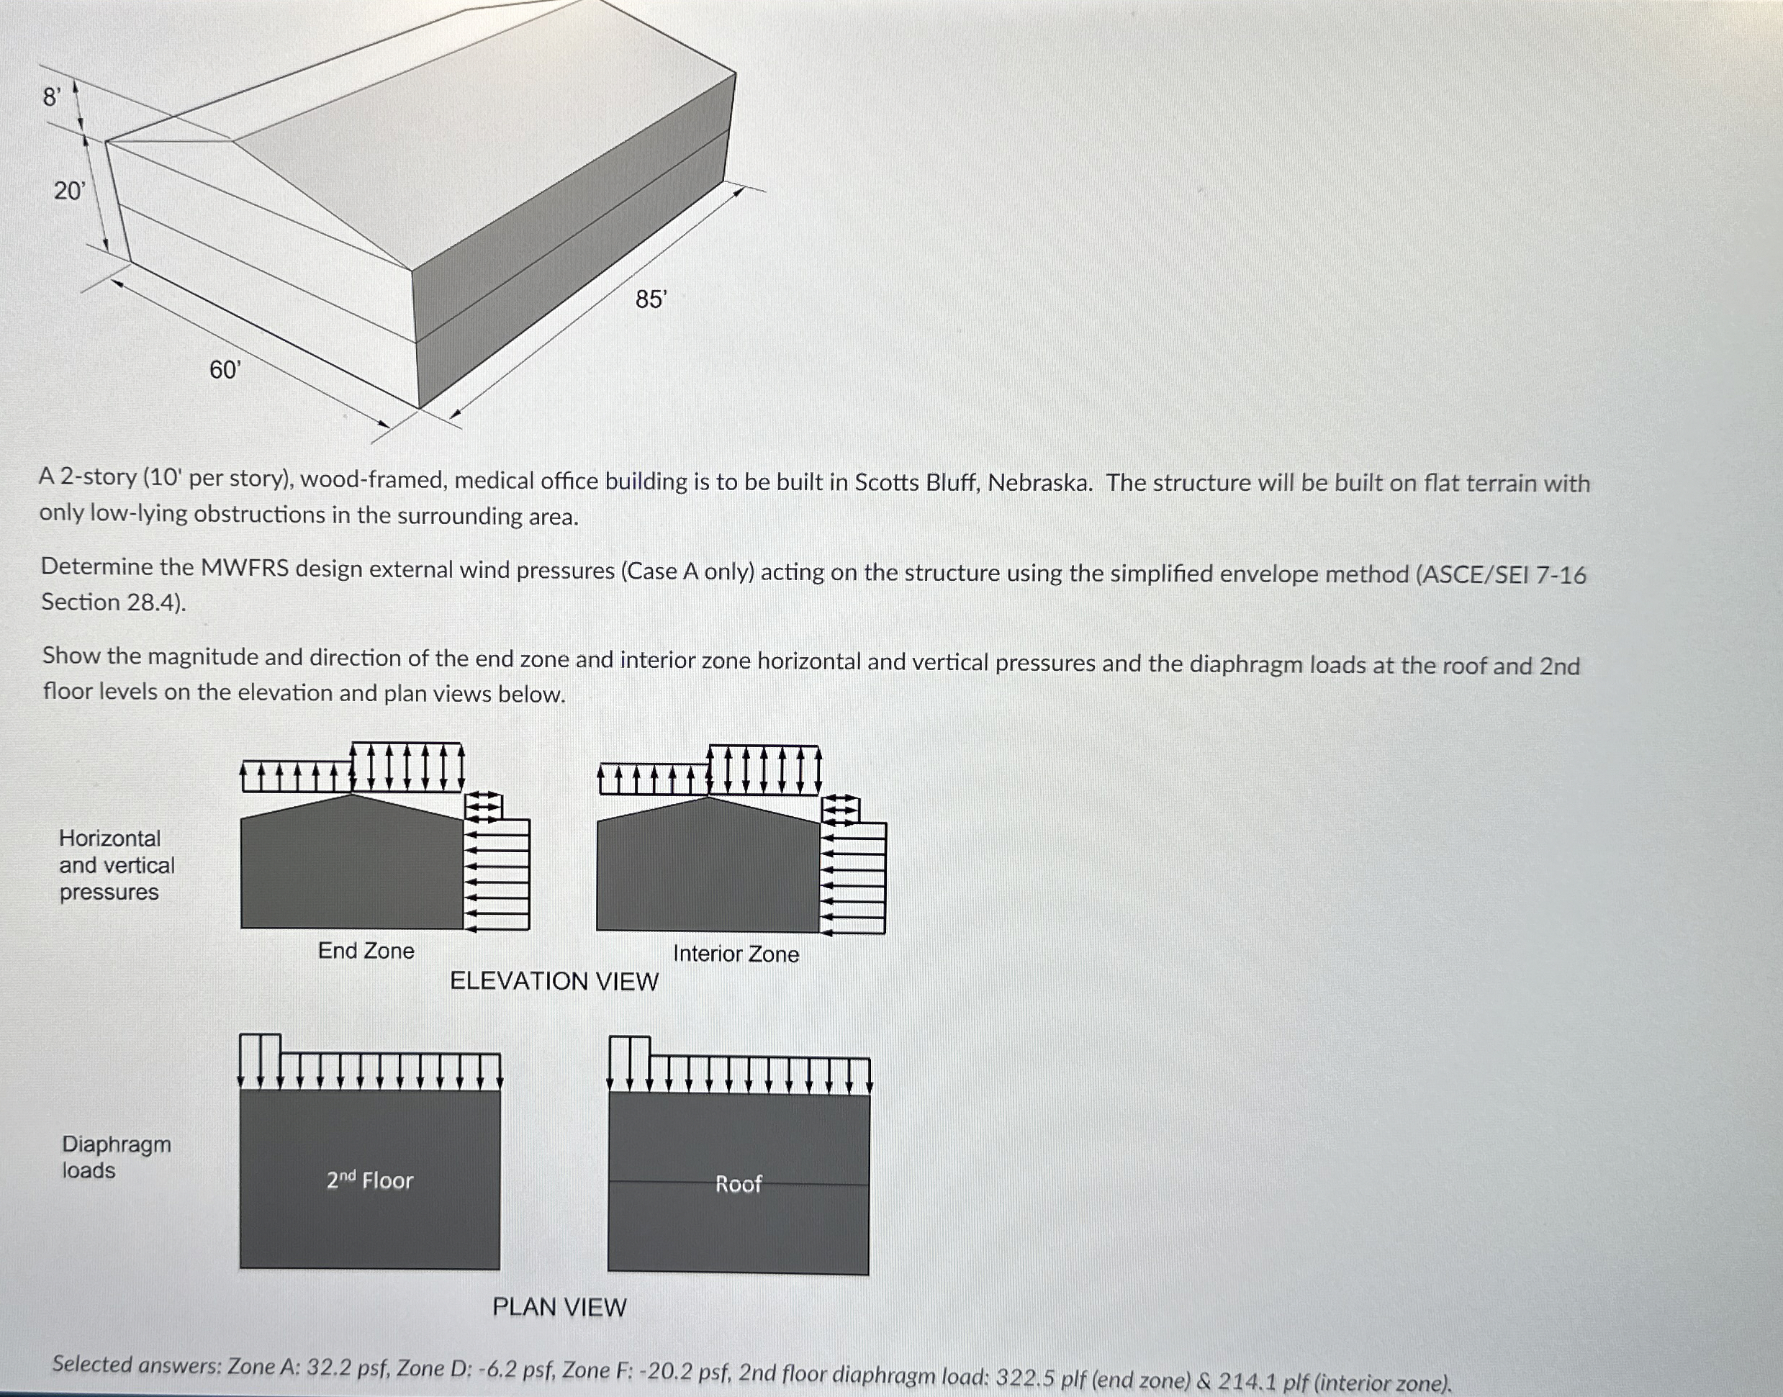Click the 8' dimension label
coord(52,97)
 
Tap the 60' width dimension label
coord(225,370)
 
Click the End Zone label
coord(366,951)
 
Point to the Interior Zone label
coord(736,954)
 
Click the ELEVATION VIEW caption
coord(554,981)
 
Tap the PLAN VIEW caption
coord(559,1307)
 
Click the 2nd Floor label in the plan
coord(370,1180)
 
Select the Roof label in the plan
coord(739,1183)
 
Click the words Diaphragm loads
coord(116,1157)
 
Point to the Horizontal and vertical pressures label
coord(116,864)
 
